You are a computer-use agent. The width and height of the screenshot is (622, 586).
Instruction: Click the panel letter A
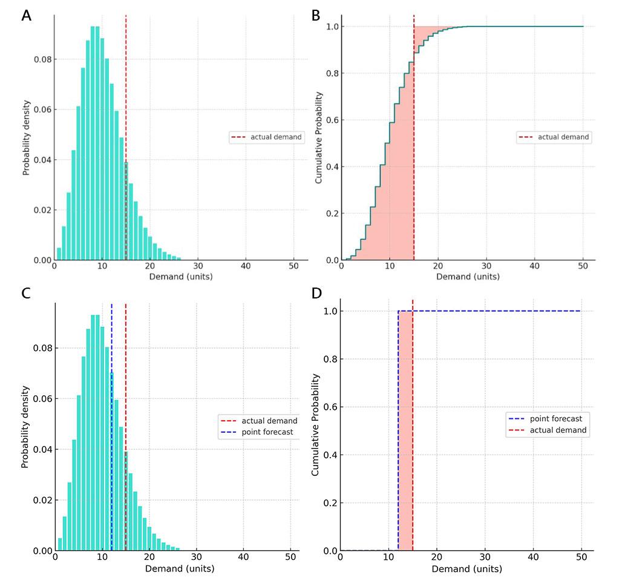[26, 16]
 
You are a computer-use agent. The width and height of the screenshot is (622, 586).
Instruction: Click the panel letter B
[315, 16]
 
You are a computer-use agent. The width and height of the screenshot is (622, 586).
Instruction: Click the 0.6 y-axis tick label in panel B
[332, 120]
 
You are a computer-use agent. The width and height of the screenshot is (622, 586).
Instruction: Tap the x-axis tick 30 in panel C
[195, 560]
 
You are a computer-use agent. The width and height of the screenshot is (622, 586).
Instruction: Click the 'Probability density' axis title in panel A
[27, 136]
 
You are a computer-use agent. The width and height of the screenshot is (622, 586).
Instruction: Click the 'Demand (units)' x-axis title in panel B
[468, 277]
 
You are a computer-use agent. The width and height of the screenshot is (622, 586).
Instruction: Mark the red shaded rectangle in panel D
[405, 431]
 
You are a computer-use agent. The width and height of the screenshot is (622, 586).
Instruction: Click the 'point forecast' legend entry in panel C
[267, 432]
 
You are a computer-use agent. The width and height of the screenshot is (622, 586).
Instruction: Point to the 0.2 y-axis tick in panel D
[330, 503]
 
